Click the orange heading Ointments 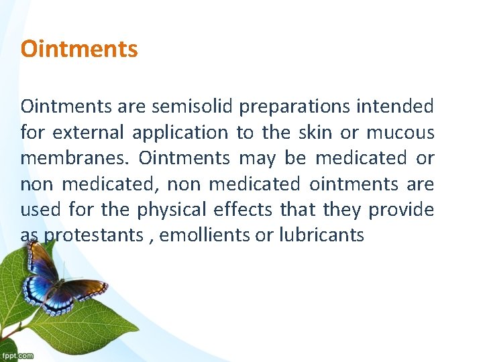point(79,49)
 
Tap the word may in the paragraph point(253,159)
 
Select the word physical point(172,210)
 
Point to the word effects point(243,210)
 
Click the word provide point(402,210)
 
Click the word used point(41,210)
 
